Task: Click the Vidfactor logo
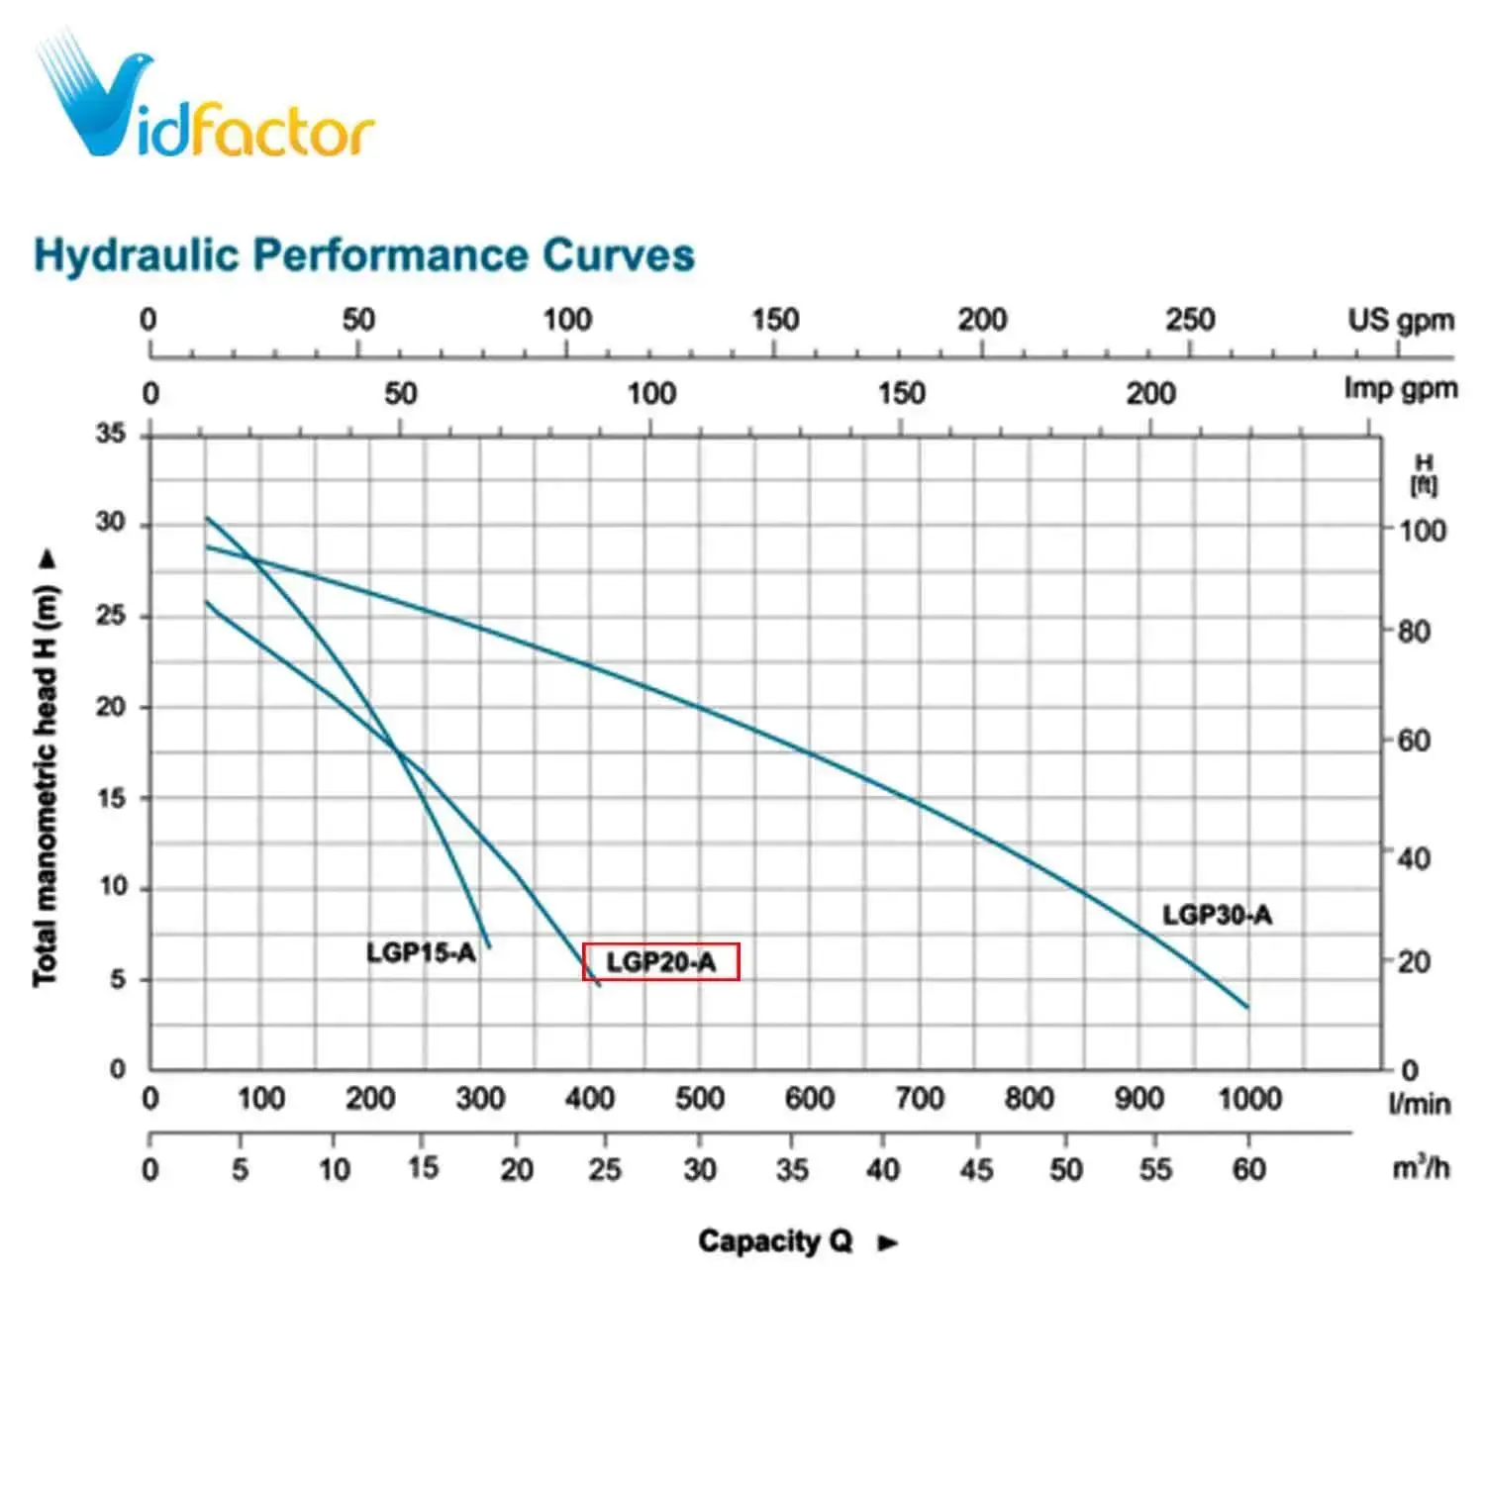click(x=203, y=99)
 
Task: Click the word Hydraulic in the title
click(x=137, y=255)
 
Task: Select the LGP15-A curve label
click(x=421, y=952)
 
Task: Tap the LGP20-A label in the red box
click(x=660, y=961)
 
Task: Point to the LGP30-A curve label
click(x=1217, y=915)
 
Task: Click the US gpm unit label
click(x=1400, y=320)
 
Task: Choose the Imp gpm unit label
click(x=1400, y=389)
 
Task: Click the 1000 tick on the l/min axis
click(x=1249, y=1098)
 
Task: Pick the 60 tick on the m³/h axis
click(x=1248, y=1169)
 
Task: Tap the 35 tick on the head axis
click(x=111, y=434)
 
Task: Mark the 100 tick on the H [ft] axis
click(x=1422, y=531)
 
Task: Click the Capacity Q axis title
click(x=774, y=1241)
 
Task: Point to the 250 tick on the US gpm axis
click(x=1189, y=320)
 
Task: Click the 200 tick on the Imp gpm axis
click(x=1150, y=394)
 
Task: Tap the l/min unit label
click(x=1419, y=1104)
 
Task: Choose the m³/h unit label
click(x=1421, y=1168)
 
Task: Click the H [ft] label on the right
click(x=1424, y=474)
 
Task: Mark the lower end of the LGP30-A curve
click(x=1246, y=1006)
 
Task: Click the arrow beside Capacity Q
click(x=888, y=1243)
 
